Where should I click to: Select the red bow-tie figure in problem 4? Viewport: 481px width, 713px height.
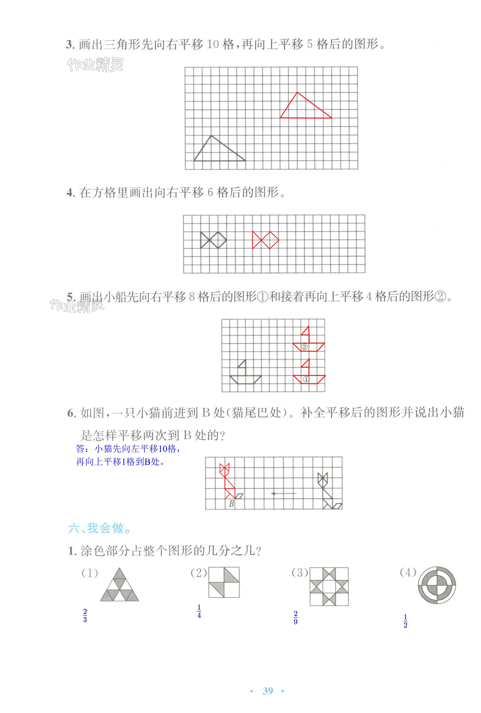coord(266,240)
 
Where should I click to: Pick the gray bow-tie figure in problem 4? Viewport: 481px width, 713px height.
coord(213,240)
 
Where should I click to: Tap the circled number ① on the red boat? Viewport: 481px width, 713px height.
coord(306,379)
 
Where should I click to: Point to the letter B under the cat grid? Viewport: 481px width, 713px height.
coord(232,503)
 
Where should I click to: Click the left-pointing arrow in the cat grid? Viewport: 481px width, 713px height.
coord(284,493)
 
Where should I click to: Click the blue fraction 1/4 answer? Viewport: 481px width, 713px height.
coord(199,611)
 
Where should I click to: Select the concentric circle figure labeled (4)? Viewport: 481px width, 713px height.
coord(436,585)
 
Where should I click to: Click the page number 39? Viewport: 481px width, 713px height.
coord(268,691)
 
